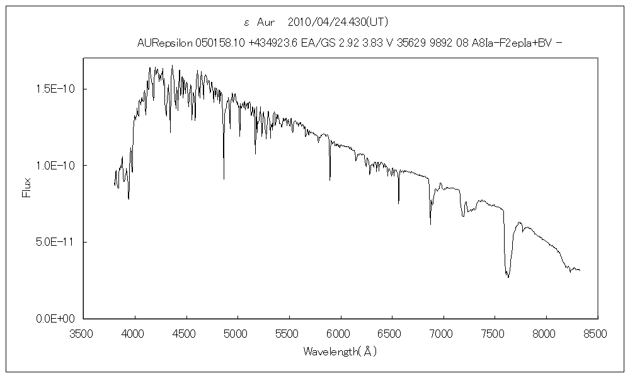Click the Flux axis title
27,188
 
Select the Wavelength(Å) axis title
340,352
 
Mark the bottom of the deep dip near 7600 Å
508,277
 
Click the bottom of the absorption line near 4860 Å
224,180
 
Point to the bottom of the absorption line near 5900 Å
329,180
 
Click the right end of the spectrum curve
580,270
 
